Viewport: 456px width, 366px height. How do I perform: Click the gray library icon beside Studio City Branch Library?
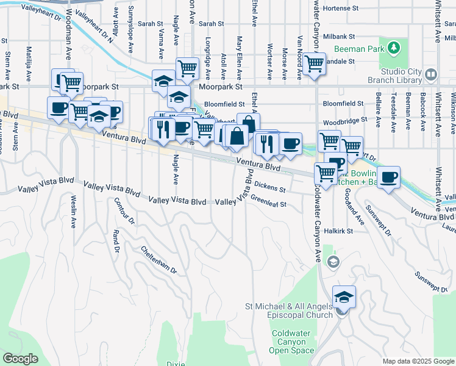[431, 74]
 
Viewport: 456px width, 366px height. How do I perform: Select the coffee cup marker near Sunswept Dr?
[388, 178]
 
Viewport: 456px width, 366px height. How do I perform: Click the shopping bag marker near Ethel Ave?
[248, 124]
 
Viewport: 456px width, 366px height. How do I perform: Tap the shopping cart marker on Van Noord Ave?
[314, 62]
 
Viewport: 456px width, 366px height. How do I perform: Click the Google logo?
[20, 359]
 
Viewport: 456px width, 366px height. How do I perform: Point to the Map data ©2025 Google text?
[418, 361]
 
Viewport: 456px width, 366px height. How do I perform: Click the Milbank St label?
[340, 36]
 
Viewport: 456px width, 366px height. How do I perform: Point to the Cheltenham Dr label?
[158, 259]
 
